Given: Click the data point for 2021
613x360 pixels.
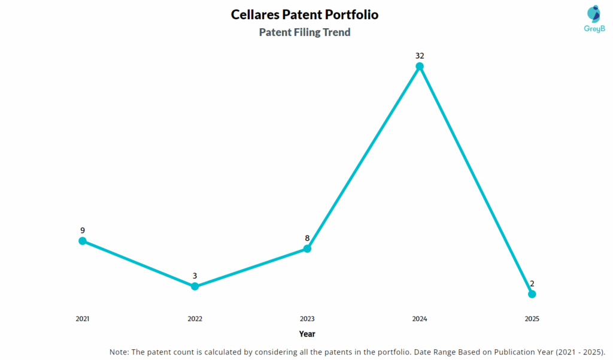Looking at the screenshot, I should coord(83,241).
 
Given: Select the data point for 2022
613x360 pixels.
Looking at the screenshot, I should coord(195,286).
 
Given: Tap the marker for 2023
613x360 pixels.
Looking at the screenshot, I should coord(307,249).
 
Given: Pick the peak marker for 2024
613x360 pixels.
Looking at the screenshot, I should coord(420,66).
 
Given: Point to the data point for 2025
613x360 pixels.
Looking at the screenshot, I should coord(532,294).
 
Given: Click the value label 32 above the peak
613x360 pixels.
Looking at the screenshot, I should coord(420,56).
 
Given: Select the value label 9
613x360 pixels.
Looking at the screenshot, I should coord(83,230).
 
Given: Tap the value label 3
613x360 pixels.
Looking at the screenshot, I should coord(195,276).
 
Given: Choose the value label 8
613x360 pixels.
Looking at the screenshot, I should coord(307,238).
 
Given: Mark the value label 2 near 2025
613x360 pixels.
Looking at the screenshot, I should coord(532,283).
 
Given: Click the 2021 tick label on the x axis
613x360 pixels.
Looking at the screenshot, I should coord(83,319).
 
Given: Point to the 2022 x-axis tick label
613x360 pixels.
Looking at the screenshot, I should coord(195,319).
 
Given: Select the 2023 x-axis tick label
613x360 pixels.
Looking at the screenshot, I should coord(307,319).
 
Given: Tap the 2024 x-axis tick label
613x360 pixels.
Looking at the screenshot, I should coord(420,319).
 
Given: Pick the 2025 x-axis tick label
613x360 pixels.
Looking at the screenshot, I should coord(532,319).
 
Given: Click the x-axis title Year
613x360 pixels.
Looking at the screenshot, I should coord(307,334).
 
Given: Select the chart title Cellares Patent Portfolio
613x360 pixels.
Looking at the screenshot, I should coord(305,14).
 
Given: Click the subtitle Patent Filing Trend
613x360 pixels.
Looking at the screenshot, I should coord(305,32).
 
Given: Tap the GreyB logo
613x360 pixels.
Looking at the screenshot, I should coord(577,19).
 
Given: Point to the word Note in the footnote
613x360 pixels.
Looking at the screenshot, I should coord(119,352).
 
